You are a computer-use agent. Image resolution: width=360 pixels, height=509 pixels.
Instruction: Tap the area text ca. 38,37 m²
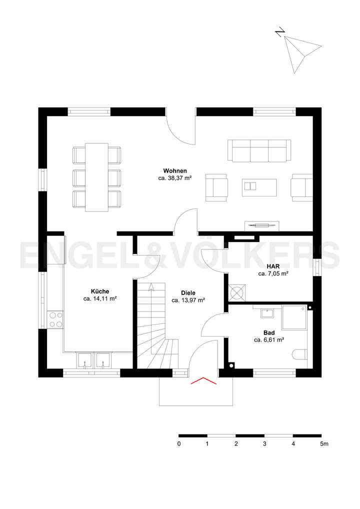click(x=175, y=178)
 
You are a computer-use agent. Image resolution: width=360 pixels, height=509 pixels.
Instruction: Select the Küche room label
click(x=100, y=291)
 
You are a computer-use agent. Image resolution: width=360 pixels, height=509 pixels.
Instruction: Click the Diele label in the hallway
click(x=188, y=293)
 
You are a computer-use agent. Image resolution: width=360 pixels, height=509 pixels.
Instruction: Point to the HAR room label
click(x=273, y=266)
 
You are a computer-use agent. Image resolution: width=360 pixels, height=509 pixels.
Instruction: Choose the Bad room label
click(x=269, y=332)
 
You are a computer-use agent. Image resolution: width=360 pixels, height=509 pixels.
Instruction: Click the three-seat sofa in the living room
click(x=259, y=150)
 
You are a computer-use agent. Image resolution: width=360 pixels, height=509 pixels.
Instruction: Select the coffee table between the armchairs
click(x=259, y=186)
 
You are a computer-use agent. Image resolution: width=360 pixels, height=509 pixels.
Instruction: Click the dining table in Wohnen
click(x=97, y=177)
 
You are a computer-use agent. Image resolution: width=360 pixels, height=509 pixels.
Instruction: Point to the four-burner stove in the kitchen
click(x=55, y=319)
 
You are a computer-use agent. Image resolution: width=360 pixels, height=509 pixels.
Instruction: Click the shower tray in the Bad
click(x=295, y=318)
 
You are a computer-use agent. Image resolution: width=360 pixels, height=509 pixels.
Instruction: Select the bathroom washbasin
click(x=266, y=313)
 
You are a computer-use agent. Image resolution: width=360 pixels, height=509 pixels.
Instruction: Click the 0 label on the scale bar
click(x=179, y=444)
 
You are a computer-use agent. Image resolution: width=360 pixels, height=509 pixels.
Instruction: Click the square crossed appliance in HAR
click(x=237, y=291)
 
